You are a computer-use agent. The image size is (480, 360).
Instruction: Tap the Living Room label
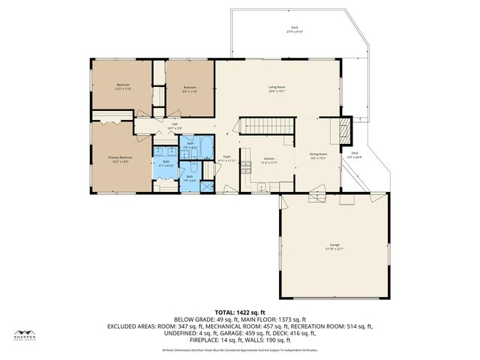(x=277, y=89)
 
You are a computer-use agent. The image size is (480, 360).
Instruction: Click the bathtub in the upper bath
(x=205, y=145)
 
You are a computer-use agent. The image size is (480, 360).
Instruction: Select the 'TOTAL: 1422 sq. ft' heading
(x=240, y=311)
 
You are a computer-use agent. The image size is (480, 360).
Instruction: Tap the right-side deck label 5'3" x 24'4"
(x=353, y=155)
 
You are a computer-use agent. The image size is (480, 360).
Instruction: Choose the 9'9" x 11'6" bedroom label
(x=190, y=89)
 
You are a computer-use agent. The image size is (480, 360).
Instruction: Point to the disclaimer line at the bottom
(x=240, y=350)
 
